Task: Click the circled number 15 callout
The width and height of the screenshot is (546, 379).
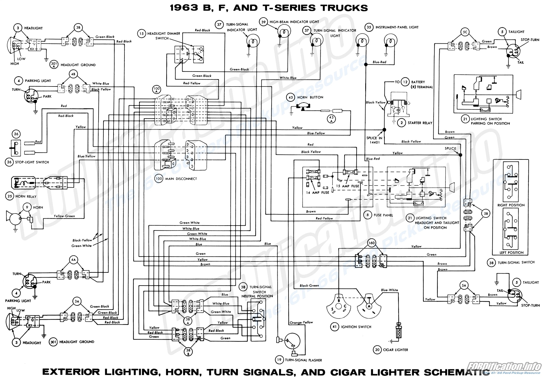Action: coord(141,34)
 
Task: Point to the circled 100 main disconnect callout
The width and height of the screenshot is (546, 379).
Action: coord(159,178)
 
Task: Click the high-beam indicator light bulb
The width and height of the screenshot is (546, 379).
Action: coord(280,32)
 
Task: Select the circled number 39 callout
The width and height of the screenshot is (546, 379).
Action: coord(263,22)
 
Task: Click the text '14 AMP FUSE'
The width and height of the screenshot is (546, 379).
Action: coord(317,193)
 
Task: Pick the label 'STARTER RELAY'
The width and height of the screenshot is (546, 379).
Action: coord(420,123)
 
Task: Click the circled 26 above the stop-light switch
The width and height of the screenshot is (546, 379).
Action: coord(16,134)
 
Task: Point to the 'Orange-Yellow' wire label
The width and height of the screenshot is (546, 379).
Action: coord(301,322)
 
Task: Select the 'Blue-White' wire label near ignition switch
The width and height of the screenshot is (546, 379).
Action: coord(389,290)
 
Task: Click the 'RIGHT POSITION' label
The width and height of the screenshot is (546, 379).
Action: coord(511,205)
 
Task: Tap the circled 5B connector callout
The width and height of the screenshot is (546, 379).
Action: coord(486,214)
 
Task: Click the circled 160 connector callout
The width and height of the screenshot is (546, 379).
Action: coord(371,243)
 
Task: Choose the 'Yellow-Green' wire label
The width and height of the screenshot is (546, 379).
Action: coord(64,216)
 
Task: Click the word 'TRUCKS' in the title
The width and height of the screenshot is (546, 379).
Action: coord(344,8)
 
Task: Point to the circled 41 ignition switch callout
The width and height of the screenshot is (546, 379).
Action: coord(334,327)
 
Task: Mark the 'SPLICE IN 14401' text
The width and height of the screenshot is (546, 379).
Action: coord(374,140)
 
